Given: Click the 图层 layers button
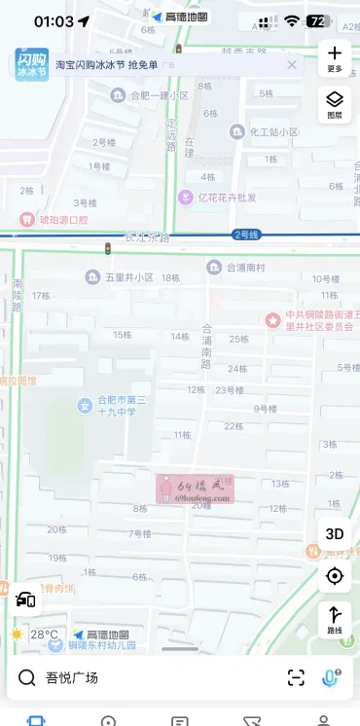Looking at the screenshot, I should click(335, 102).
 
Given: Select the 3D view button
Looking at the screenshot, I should click(335, 533).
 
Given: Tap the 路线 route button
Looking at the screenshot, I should click(335, 618).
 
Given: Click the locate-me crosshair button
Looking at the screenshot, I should click(335, 576).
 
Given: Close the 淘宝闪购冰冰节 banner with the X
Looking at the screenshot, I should click(291, 64).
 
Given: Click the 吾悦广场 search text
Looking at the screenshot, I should click(72, 677).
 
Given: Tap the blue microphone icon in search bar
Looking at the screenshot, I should click(331, 677).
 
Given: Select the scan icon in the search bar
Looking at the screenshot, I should click(296, 677).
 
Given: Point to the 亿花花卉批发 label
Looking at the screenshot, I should click(227, 198).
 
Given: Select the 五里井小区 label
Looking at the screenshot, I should click(130, 277).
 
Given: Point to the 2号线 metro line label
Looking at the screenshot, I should click(246, 235).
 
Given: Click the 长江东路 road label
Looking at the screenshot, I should click(147, 236).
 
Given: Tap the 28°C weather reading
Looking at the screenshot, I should click(44, 635).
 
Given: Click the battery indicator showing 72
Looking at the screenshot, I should click(317, 20).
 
